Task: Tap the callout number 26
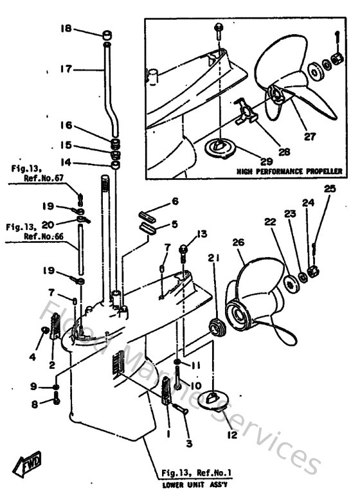[x=239, y=243]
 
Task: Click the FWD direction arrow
[x=26, y=462]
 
